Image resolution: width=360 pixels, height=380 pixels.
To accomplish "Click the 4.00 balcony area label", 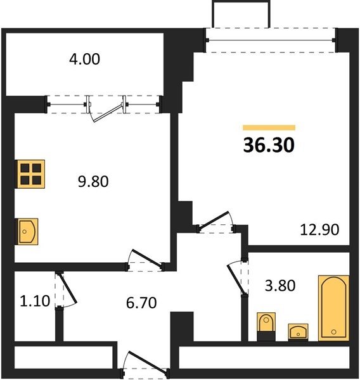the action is (x=84, y=60).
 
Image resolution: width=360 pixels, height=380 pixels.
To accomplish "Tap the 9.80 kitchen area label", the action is (x=93, y=182).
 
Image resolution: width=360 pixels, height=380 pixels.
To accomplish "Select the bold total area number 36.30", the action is (x=269, y=145).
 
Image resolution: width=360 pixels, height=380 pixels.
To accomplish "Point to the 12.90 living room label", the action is (x=319, y=229).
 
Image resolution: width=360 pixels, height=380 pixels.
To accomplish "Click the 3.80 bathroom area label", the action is (x=280, y=286).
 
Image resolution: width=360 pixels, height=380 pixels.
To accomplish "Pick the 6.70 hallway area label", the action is (x=141, y=303).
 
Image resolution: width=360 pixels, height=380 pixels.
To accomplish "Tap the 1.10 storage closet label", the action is (x=35, y=301).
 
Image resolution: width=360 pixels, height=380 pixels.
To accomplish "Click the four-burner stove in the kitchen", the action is (x=30, y=174).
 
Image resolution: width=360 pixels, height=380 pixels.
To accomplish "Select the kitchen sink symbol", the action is (x=27, y=231).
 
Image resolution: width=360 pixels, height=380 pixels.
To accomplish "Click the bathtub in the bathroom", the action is (x=333, y=308).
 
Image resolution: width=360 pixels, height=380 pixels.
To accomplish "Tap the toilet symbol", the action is (x=266, y=326).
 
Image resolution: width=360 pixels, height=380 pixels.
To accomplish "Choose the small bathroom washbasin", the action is (x=298, y=332).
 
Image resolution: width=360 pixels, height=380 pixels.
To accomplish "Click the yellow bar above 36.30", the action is (x=269, y=127).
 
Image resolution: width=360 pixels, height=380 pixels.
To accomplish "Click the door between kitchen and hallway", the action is (x=145, y=260).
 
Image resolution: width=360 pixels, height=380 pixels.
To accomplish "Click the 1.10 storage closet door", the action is (x=65, y=290).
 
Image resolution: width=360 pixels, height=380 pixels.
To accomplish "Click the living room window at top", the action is (x=271, y=41).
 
